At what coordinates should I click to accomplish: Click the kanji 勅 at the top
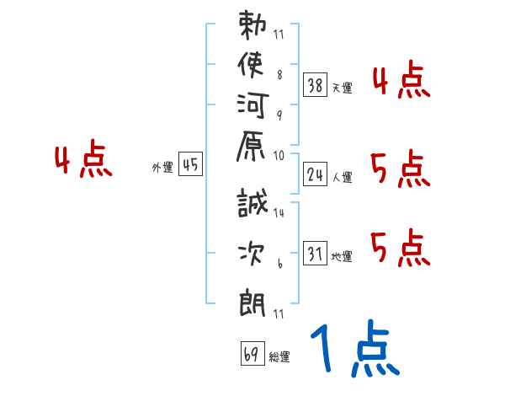click(x=253, y=29)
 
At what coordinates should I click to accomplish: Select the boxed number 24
click(x=316, y=174)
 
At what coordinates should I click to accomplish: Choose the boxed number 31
click(x=316, y=254)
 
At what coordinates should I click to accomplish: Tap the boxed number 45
click(x=190, y=164)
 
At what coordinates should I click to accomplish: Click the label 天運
click(x=342, y=87)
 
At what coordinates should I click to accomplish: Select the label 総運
click(x=279, y=356)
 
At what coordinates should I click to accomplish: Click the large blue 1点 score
click(x=353, y=348)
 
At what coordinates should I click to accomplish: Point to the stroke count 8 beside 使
click(x=279, y=74)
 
